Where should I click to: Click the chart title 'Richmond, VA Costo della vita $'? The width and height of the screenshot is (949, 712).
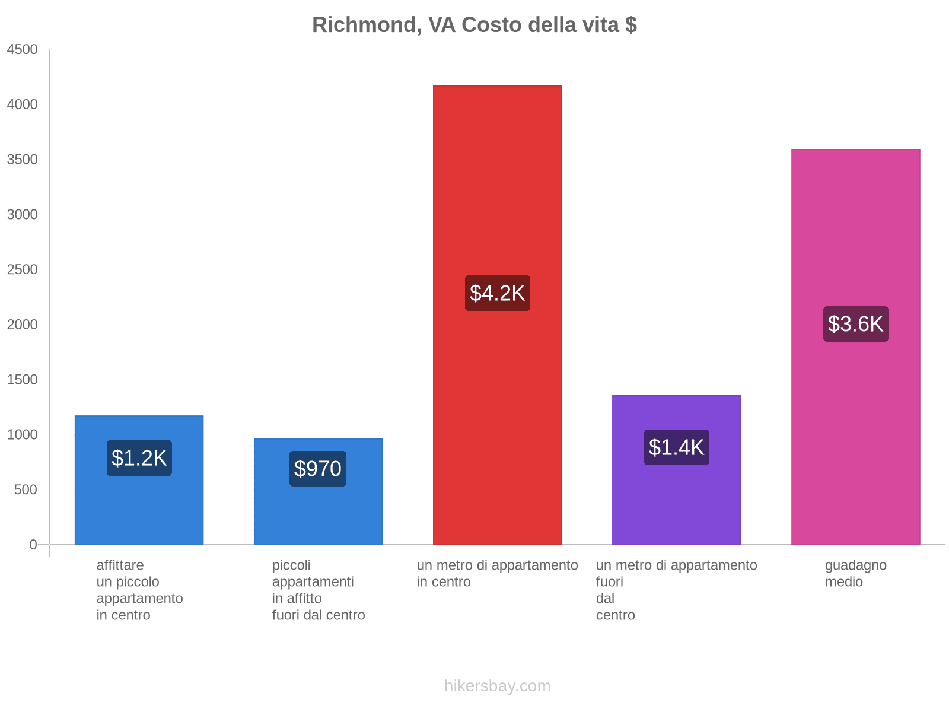(474, 25)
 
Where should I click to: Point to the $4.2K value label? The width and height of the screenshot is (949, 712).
(497, 293)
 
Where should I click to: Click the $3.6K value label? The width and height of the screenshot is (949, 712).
(855, 324)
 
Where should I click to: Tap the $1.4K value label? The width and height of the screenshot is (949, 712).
(676, 447)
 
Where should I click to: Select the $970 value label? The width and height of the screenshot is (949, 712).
(318, 469)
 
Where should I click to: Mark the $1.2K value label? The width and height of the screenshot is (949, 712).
(139, 458)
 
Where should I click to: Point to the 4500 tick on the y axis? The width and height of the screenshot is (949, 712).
(23, 50)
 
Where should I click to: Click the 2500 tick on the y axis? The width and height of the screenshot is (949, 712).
(23, 270)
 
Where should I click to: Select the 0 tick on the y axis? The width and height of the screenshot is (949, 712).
(33, 545)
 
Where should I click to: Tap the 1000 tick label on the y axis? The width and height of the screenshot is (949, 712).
(23, 435)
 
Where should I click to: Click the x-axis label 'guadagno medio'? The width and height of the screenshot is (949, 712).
(855, 574)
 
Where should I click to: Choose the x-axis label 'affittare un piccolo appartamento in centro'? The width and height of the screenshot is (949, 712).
(139, 590)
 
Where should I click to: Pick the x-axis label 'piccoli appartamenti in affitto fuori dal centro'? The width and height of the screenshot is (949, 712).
(319, 590)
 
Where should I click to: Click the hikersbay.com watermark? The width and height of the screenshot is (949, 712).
(497, 686)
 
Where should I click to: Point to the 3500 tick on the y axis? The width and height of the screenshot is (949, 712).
(23, 160)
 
